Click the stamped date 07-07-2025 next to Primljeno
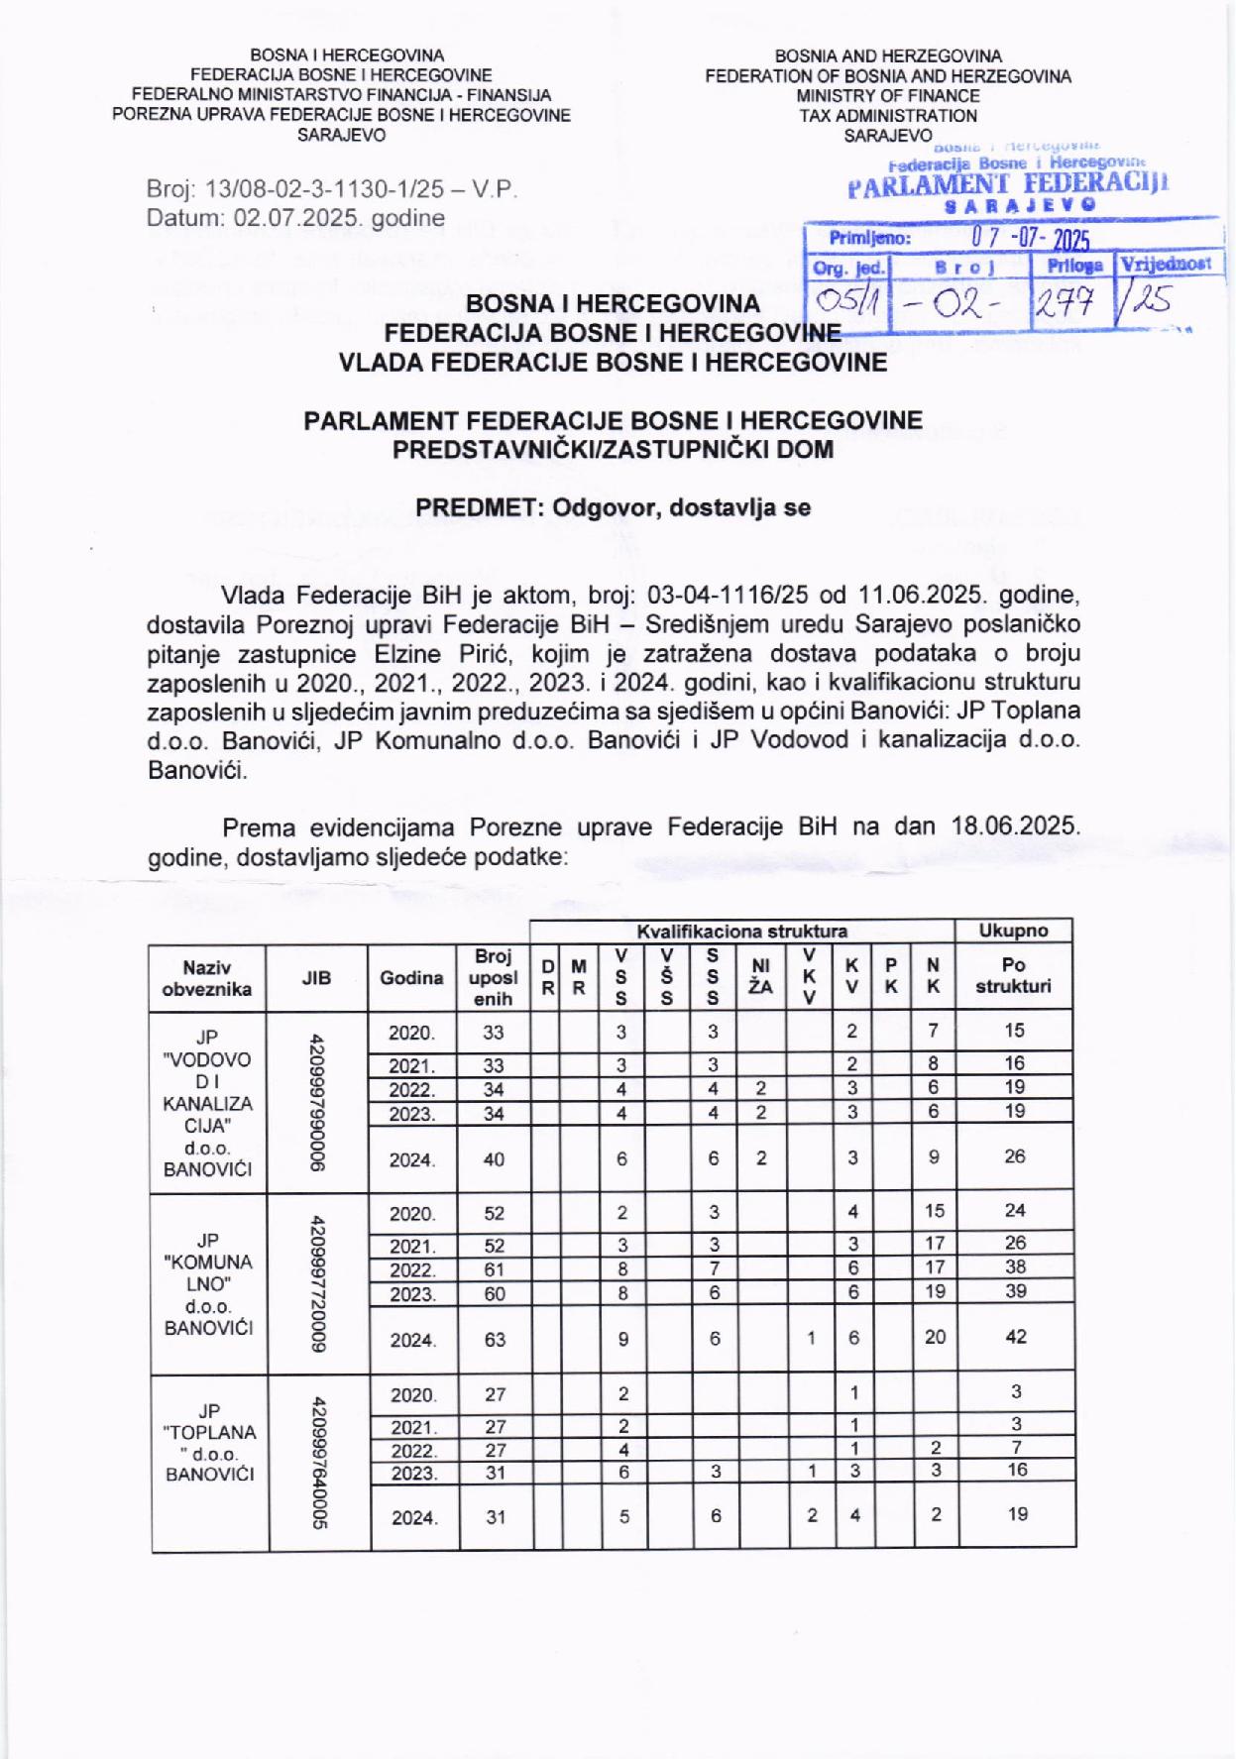pyautogui.click(x=1030, y=239)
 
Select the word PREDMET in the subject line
pyautogui.click(x=478, y=507)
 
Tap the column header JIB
pyautogui.click(x=316, y=977)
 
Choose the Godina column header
pyautogui.click(x=411, y=977)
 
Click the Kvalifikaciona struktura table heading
pyautogui.click(x=741, y=931)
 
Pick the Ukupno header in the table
pyautogui.click(x=1013, y=931)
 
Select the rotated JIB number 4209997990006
pyautogui.click(x=316, y=1102)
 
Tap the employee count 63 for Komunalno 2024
pyautogui.click(x=495, y=1339)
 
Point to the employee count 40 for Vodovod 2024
pyautogui.click(x=494, y=1158)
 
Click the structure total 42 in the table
pyautogui.click(x=1016, y=1337)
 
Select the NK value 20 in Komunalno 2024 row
pyautogui.click(x=935, y=1337)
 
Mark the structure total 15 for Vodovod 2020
pyautogui.click(x=1014, y=1031)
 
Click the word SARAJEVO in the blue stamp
pyautogui.click(x=1021, y=205)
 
